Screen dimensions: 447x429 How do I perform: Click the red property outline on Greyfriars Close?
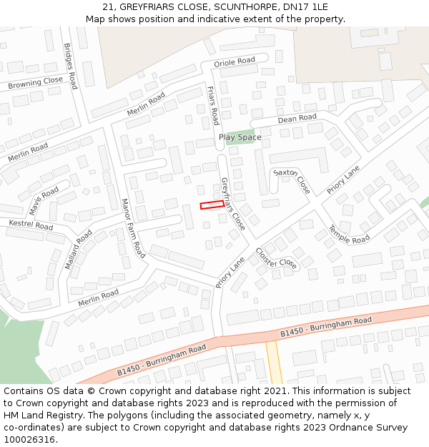pos(211,205)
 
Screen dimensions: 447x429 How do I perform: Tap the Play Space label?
pos(240,137)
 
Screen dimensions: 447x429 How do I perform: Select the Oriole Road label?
pos(235,62)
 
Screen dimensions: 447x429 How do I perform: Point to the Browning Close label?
pos(36,83)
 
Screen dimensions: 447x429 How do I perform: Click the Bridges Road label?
pos(71,66)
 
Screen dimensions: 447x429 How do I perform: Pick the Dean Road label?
pos(297,118)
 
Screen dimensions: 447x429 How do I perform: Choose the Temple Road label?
pos(349,235)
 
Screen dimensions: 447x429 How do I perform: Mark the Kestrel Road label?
pos(31,225)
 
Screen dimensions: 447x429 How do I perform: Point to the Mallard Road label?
pos(78,249)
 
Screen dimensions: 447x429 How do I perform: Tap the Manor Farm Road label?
pos(133,228)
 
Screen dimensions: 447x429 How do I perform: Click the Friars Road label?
pos(212,105)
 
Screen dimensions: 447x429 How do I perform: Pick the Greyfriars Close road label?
pos(233,203)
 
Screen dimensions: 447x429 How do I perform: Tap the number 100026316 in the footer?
pos(31,440)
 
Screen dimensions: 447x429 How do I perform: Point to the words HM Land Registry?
pos(41,416)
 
